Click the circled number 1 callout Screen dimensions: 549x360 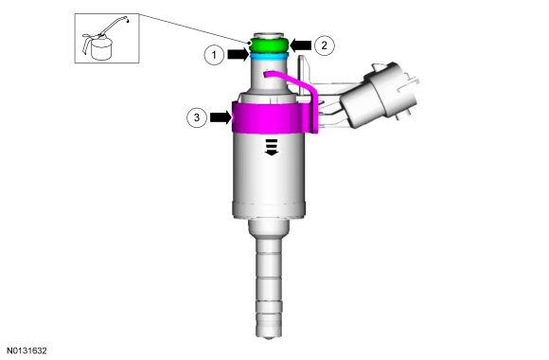tap(214, 55)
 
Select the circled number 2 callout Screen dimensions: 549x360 tap(325, 45)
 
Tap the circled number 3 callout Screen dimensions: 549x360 tap(197, 117)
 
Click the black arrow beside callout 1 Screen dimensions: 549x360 tap(239, 55)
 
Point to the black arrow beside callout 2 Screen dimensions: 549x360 tap(300, 45)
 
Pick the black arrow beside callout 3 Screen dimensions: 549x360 tap(221, 117)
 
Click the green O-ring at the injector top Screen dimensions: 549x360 tap(269, 45)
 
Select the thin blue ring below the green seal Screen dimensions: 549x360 tap(269, 56)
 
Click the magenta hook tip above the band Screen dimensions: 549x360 tap(266, 74)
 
